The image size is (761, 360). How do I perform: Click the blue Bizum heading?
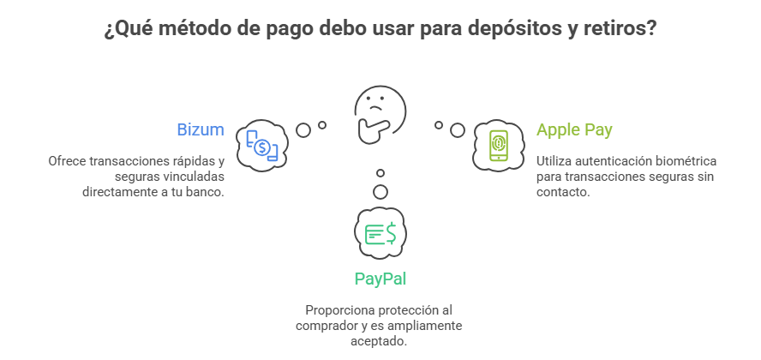[x=201, y=130]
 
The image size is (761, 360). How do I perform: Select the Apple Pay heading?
[x=574, y=130]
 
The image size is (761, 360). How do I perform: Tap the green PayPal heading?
[x=380, y=279]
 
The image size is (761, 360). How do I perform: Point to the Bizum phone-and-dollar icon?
[x=261, y=143]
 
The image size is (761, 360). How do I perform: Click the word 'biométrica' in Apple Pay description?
[x=685, y=161]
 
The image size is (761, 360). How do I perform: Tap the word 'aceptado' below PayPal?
[x=380, y=341]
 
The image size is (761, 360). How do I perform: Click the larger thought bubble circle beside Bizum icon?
[x=303, y=130]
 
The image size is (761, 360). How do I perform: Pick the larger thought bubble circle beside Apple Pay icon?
[x=458, y=130]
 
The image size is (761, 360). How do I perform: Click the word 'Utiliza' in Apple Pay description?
[x=554, y=161]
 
